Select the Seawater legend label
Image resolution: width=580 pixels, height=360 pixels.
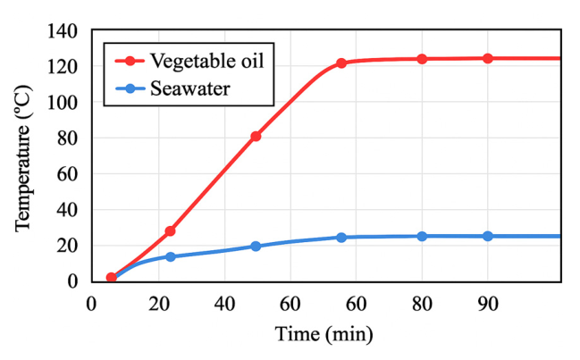click(x=189, y=88)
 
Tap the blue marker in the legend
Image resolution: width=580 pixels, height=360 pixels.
click(x=130, y=88)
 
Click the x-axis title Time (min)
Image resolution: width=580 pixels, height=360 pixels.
click(x=325, y=335)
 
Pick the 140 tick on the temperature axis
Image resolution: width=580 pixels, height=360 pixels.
click(x=65, y=31)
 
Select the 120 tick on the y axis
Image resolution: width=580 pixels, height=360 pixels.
click(x=65, y=67)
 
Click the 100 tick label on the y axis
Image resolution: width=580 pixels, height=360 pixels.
click(x=65, y=103)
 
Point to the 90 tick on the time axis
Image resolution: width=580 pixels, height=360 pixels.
click(x=487, y=303)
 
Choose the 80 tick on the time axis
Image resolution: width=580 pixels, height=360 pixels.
click(x=421, y=303)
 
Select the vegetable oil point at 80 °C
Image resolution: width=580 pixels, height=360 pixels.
click(x=256, y=137)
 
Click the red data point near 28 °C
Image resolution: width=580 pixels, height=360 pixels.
click(x=170, y=231)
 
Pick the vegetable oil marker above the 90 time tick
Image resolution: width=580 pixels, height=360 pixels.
click(x=487, y=59)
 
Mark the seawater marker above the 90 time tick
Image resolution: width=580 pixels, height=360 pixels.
click(x=487, y=237)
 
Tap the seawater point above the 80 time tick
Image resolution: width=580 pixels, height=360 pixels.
click(x=422, y=237)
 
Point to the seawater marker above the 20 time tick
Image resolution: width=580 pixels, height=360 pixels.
click(x=170, y=257)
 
